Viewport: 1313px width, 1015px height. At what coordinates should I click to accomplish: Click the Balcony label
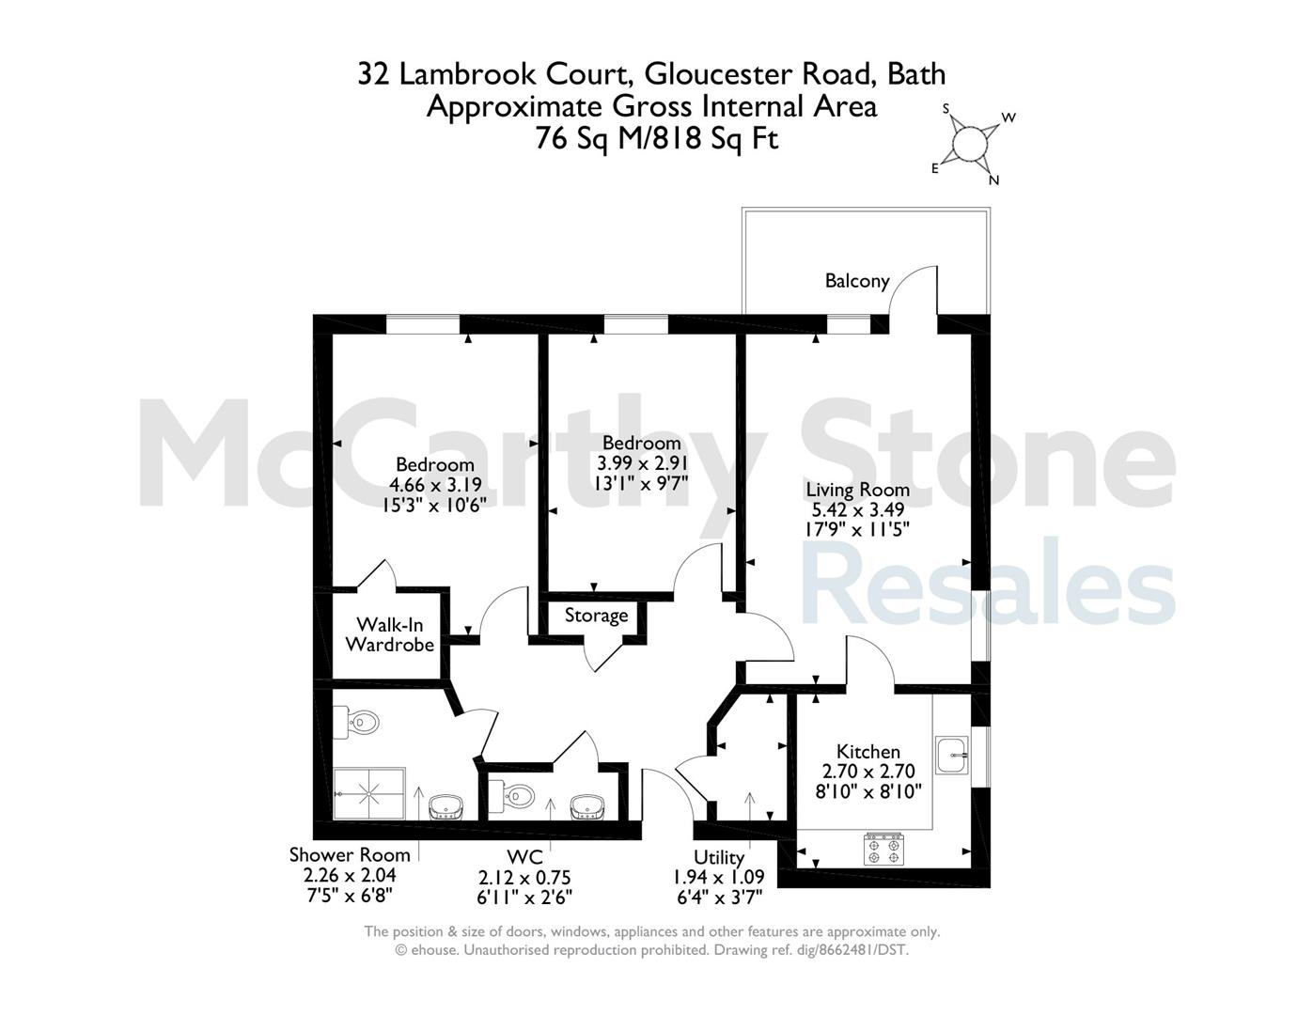pyautogui.click(x=857, y=281)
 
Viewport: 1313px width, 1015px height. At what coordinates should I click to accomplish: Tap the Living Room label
pyautogui.click(x=857, y=490)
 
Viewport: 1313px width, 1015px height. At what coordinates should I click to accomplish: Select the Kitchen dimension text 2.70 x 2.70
pyautogui.click(x=868, y=772)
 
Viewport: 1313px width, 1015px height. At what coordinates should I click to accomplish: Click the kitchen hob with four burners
pyautogui.click(x=884, y=849)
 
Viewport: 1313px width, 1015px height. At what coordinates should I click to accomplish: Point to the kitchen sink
pyautogui.click(x=952, y=756)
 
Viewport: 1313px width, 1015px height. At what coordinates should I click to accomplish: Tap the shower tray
pyautogui.click(x=369, y=794)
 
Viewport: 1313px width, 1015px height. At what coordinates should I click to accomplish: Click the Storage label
pyautogui.click(x=596, y=616)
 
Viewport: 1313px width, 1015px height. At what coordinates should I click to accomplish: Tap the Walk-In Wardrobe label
pyautogui.click(x=390, y=634)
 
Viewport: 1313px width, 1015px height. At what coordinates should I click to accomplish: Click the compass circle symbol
pyautogui.click(x=970, y=144)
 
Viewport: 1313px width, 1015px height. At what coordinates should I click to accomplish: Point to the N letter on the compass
pyautogui.click(x=994, y=180)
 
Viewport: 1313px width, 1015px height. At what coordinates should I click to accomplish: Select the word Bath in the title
pyautogui.click(x=916, y=73)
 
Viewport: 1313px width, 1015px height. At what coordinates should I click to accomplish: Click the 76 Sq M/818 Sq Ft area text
pyautogui.click(x=657, y=139)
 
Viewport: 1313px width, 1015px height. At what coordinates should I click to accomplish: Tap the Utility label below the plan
pyautogui.click(x=718, y=857)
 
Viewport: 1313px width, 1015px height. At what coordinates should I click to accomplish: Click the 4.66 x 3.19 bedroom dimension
pyautogui.click(x=435, y=485)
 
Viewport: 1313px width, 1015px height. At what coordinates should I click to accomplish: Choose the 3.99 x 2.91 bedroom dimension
pyautogui.click(x=642, y=462)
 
